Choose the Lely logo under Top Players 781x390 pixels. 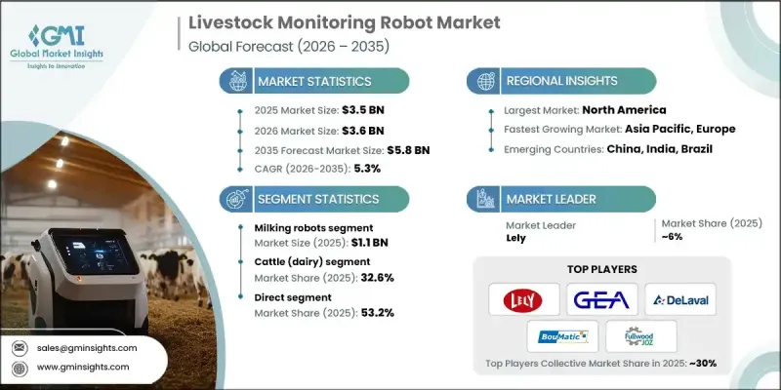pos(523,299)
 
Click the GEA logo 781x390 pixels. pos(601,299)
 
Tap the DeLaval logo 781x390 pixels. pos(680,299)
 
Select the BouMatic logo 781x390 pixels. pos(562,337)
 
